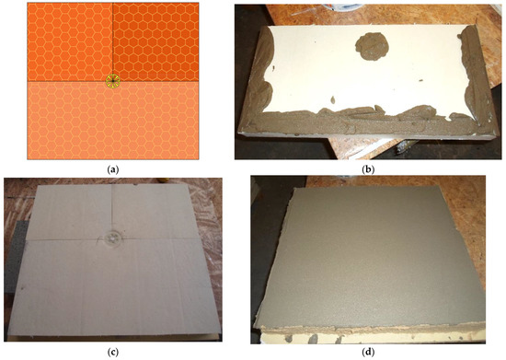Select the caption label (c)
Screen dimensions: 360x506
pyautogui.click(x=112, y=351)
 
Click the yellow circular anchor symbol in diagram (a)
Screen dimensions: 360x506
pyautogui.click(x=112, y=81)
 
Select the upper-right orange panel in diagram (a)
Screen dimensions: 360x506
pyautogui.click(x=156, y=41)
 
